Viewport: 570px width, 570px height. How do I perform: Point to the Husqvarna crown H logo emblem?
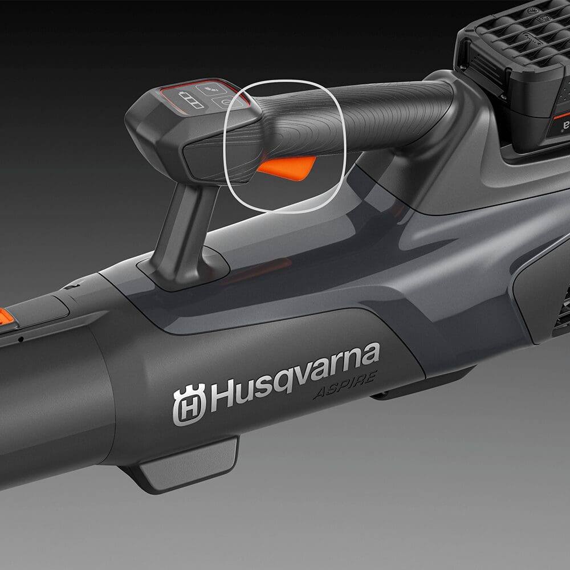click(x=189, y=404)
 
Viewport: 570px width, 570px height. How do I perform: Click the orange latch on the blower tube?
click(x=6, y=317)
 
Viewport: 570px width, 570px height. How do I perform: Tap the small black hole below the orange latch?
click(x=21, y=339)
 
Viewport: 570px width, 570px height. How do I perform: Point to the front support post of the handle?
click(x=185, y=233)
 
